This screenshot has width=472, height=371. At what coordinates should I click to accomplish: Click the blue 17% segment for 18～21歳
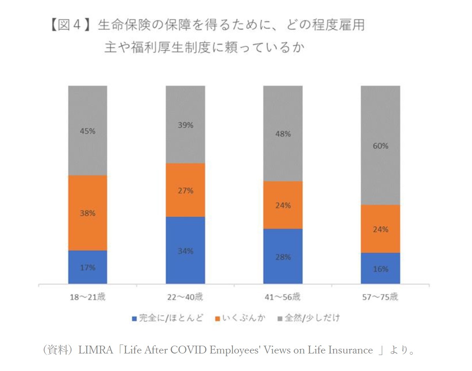(88, 267)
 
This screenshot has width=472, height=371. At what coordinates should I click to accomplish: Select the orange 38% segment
(88, 213)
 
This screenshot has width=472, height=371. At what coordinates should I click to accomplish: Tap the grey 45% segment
(88, 131)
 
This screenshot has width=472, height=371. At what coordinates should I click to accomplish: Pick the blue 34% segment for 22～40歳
(185, 250)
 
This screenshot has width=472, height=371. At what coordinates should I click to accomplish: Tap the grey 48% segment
(283, 133)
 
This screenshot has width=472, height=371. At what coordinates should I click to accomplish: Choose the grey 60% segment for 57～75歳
(380, 145)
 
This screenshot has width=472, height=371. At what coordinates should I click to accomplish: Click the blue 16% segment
(380, 268)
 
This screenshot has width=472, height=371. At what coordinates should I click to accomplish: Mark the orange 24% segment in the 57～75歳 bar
(380, 229)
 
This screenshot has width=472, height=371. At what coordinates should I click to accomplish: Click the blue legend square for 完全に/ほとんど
(135, 319)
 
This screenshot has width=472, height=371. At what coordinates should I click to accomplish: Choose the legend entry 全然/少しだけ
(312, 318)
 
